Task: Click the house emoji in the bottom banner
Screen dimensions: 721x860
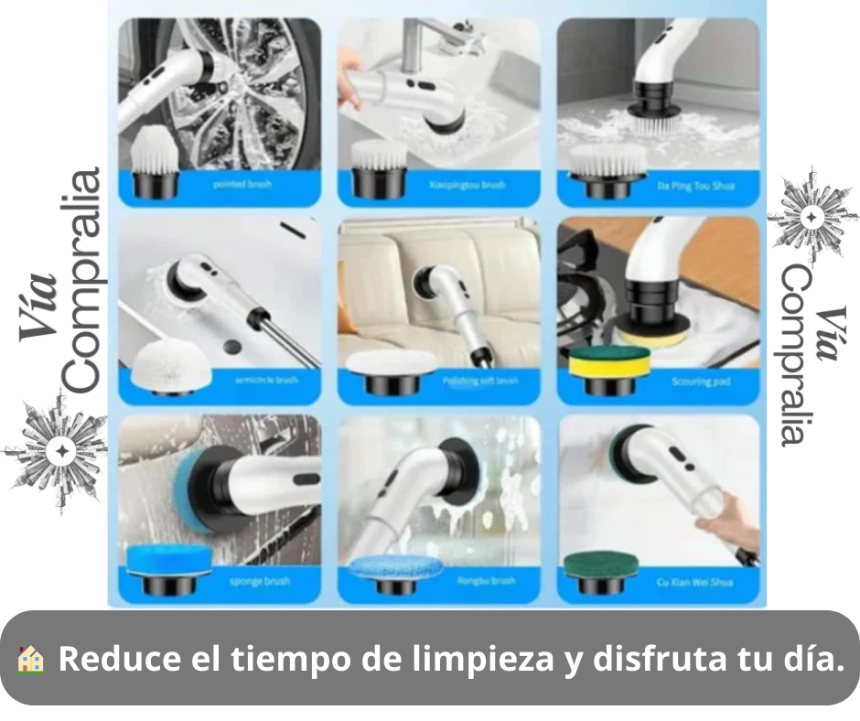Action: click(x=30, y=659)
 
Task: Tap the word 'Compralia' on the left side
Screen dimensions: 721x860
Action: click(x=81, y=280)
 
